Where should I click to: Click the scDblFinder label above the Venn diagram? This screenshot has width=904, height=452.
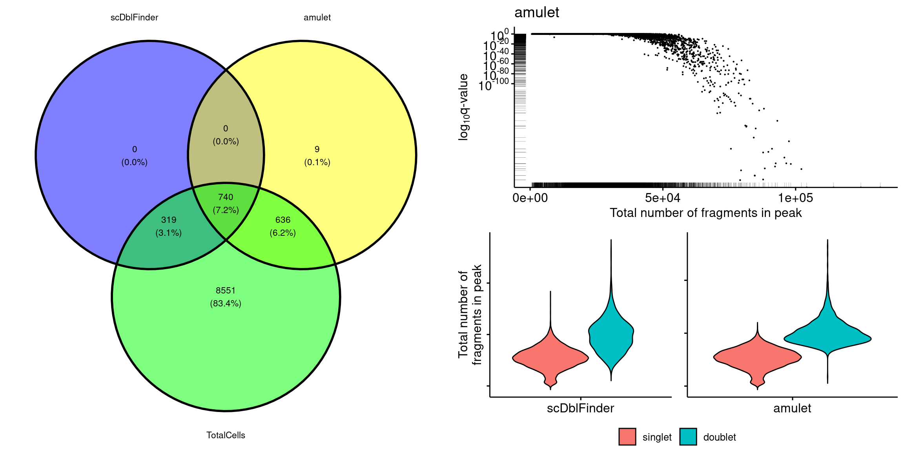pyautogui.click(x=134, y=18)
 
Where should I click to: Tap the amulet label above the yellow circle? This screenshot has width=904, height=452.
pyautogui.click(x=317, y=18)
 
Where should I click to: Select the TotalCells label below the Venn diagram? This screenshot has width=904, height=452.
pyautogui.click(x=226, y=435)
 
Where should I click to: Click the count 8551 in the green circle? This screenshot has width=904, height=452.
pyautogui.click(x=226, y=290)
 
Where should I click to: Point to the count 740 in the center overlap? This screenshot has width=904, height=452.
pyautogui.click(x=226, y=197)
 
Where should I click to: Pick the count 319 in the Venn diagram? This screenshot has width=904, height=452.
pyautogui.click(x=169, y=220)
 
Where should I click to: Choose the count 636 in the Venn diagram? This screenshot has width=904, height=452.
pyautogui.click(x=282, y=220)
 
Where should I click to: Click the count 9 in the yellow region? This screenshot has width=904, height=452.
pyautogui.click(x=317, y=149)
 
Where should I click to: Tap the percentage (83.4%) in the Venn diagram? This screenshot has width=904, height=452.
pyautogui.click(x=226, y=303)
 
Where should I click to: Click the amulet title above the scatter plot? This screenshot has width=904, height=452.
pyautogui.click(x=536, y=13)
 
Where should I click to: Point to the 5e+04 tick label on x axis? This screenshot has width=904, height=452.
pyautogui.click(x=663, y=198)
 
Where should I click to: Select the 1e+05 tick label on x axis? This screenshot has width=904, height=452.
pyautogui.click(x=795, y=198)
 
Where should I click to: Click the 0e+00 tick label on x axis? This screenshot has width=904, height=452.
pyautogui.click(x=530, y=198)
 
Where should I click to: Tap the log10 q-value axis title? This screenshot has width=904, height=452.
pyautogui.click(x=464, y=107)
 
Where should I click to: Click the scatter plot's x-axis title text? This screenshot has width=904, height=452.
pyautogui.click(x=705, y=213)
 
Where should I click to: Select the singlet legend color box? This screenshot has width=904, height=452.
pyautogui.click(x=627, y=437)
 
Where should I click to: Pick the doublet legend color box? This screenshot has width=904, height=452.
pyautogui.click(x=688, y=437)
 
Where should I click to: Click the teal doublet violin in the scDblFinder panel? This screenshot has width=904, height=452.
pyautogui.click(x=611, y=334)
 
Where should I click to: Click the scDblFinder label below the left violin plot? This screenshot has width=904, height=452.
pyautogui.click(x=580, y=408)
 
